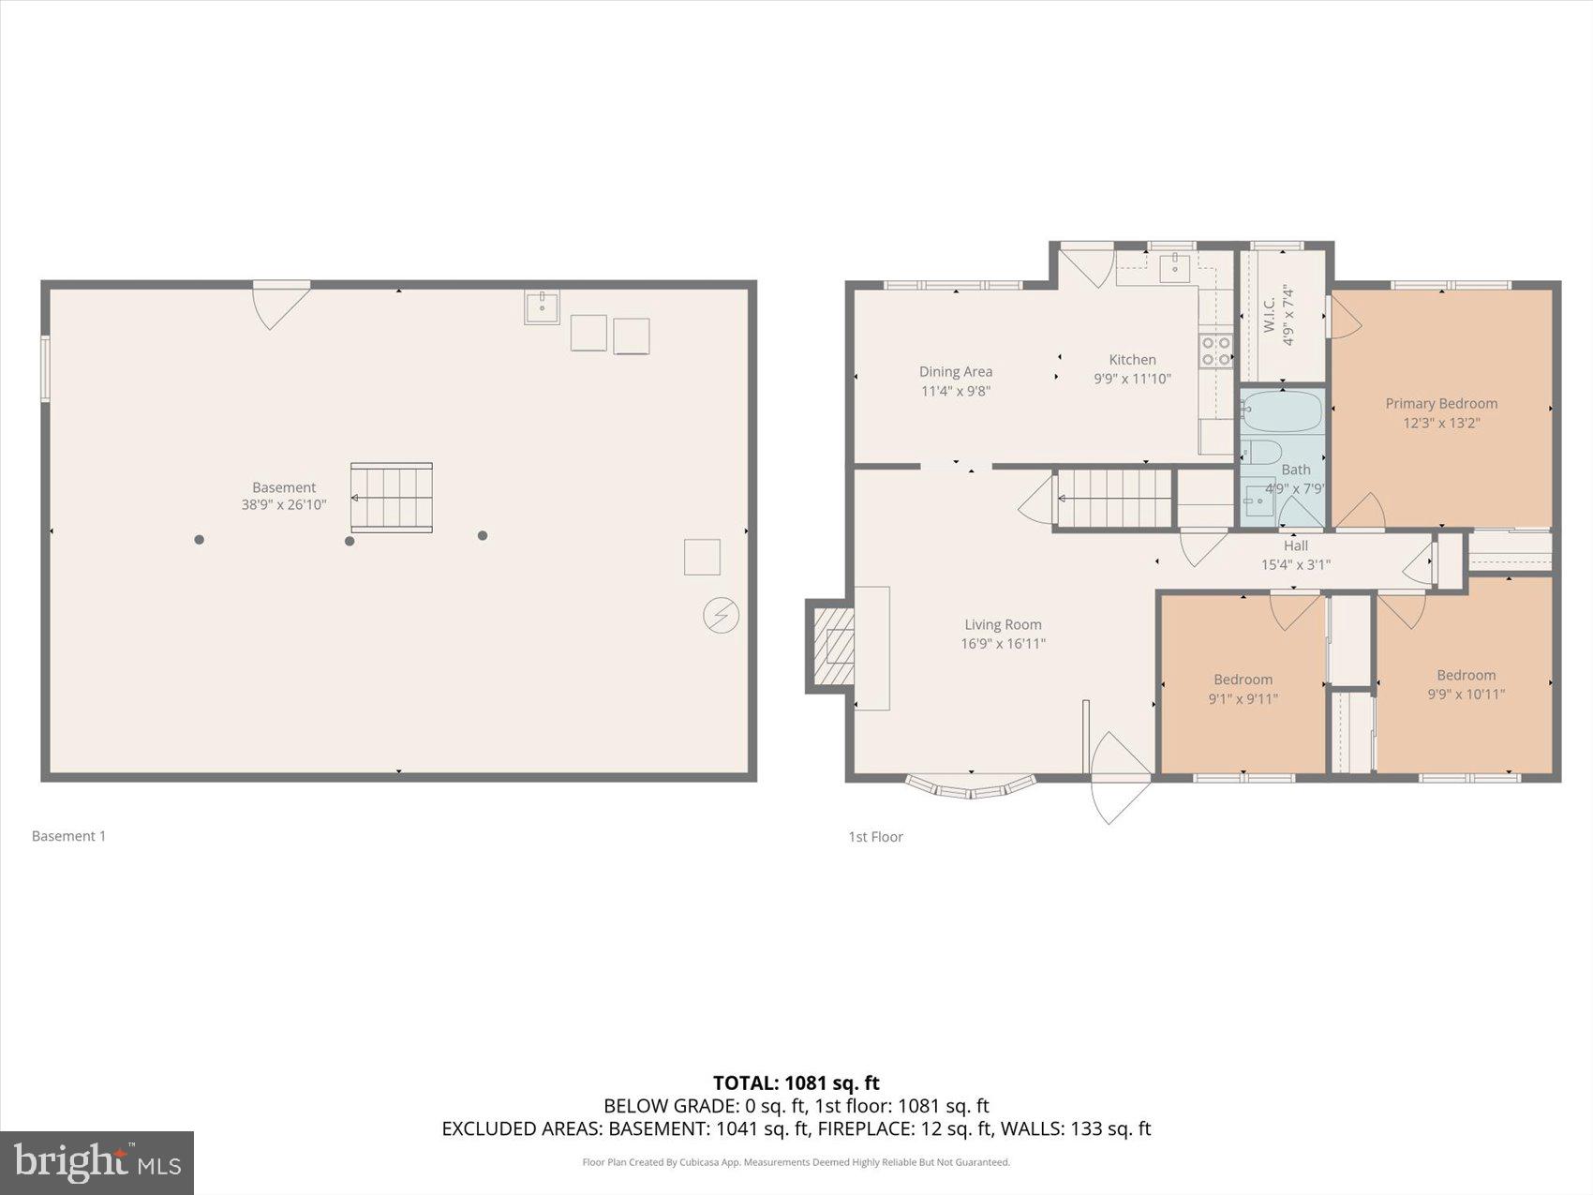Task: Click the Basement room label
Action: click(284, 487)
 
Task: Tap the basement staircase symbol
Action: click(392, 498)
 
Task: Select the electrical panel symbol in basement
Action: click(721, 616)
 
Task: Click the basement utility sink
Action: click(542, 306)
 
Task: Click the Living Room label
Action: click(1003, 624)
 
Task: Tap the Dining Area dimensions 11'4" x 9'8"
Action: click(955, 391)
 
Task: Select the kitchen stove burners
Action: click(1216, 352)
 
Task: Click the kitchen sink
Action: click(1174, 268)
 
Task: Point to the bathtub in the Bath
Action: click(1282, 411)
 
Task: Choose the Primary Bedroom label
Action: click(1441, 403)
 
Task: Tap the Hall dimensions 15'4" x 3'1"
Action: click(1295, 564)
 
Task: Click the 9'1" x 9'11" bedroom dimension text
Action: click(1243, 698)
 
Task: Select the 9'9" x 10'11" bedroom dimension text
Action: click(1466, 695)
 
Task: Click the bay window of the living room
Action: click(972, 786)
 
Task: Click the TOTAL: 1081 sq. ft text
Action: click(796, 1083)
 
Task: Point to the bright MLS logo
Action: click(97, 1163)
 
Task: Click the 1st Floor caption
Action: click(875, 837)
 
